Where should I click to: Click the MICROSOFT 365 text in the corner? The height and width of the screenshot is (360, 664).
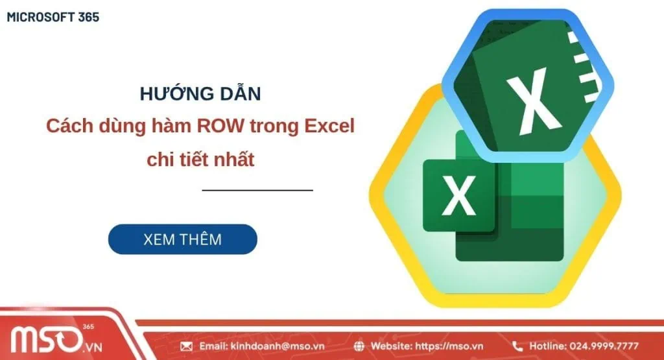click(x=53, y=18)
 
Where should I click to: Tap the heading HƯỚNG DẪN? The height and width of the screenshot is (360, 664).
click(x=200, y=94)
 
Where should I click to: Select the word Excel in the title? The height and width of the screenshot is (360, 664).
click(x=329, y=126)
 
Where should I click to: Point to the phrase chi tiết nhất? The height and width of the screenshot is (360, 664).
click(x=200, y=160)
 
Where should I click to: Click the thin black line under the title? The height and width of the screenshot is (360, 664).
click(x=257, y=190)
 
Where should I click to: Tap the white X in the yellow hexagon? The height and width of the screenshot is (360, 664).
click(x=458, y=196)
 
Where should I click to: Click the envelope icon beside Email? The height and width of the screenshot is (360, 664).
click(x=187, y=346)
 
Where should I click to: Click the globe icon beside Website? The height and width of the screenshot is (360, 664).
click(x=360, y=346)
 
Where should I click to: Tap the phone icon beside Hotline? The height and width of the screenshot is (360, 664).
click(x=517, y=346)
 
